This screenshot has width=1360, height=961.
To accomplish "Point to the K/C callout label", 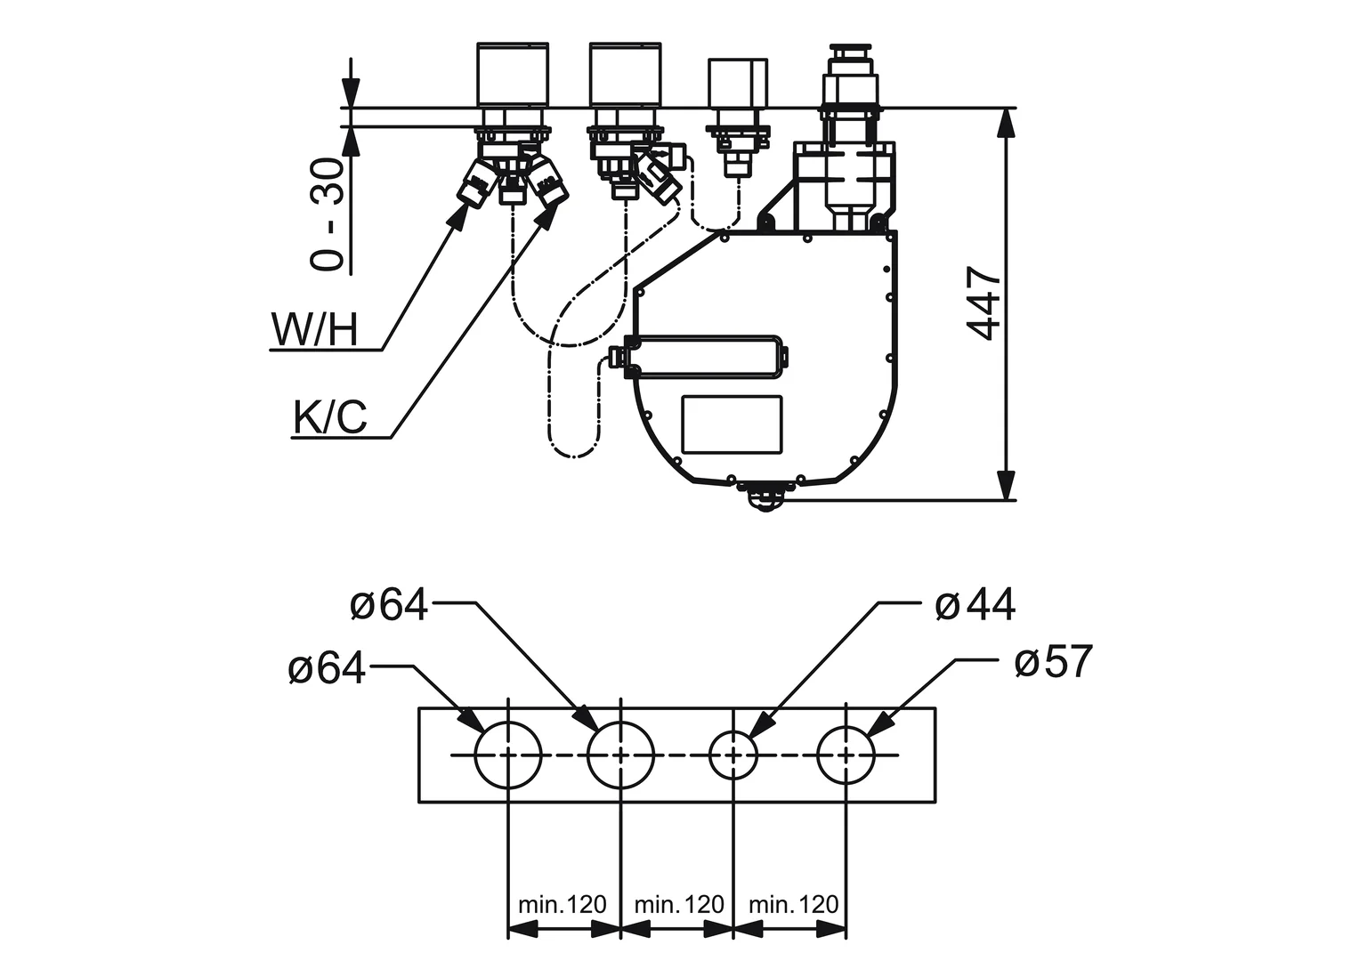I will pyautogui.click(x=330, y=417).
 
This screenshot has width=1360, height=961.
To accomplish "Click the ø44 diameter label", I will pyautogui.click(x=975, y=606).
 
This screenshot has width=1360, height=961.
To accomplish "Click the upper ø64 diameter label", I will pyautogui.click(x=389, y=606).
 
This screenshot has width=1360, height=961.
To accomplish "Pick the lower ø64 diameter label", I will pyautogui.click(x=327, y=668).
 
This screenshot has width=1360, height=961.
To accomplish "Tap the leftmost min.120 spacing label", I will pyautogui.click(x=563, y=905).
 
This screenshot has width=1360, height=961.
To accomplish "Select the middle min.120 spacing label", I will pyautogui.click(x=678, y=905).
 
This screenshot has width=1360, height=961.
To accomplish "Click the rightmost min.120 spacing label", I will pyautogui.click(x=793, y=905).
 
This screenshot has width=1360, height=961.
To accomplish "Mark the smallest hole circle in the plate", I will pyautogui.click(x=733, y=755).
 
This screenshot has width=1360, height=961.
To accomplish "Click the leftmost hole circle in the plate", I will pyautogui.click(x=508, y=755).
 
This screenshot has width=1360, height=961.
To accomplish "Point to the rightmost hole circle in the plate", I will pyautogui.click(x=846, y=755).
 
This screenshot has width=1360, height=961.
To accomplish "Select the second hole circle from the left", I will pyautogui.click(x=620, y=755).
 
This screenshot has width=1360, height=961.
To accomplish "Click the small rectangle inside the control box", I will pyautogui.click(x=732, y=424).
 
